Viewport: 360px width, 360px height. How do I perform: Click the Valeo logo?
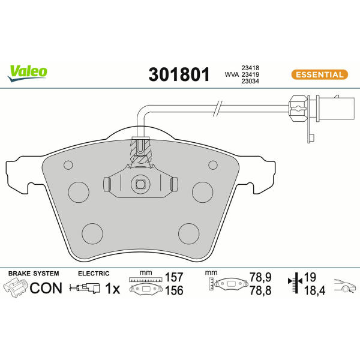(28, 73)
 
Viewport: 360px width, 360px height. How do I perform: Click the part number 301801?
(179, 74)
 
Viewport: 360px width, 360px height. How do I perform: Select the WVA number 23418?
(250, 68)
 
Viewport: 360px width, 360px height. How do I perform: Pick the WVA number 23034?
(250, 81)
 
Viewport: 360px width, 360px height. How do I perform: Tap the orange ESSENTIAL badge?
(320, 74)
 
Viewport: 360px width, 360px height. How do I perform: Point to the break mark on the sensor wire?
(218, 109)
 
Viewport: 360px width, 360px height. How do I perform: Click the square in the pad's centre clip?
(140, 184)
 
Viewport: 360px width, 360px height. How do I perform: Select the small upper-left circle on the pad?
(68, 165)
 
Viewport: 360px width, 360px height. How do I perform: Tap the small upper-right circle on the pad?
(213, 165)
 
